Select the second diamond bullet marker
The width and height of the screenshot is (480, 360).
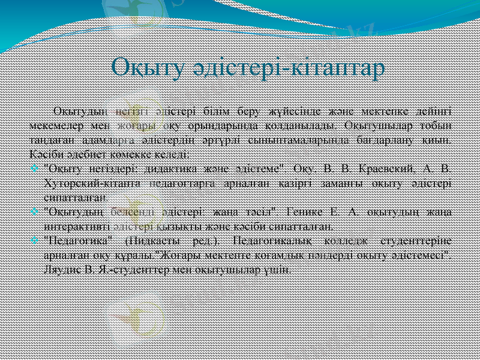point(35,212)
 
